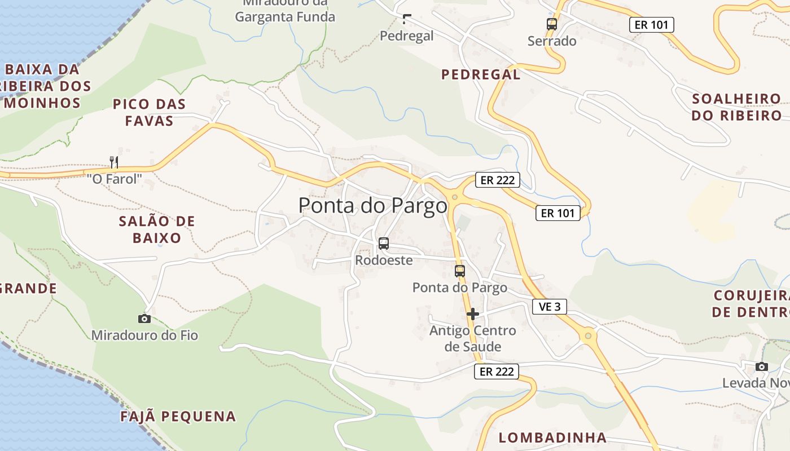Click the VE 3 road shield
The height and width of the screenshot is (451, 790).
pyautogui.click(x=550, y=307)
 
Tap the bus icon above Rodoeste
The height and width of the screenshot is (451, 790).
pyautogui.click(x=384, y=244)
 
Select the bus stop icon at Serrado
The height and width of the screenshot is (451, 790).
pyautogui.click(x=552, y=24)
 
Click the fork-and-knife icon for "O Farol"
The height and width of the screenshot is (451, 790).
pyautogui.click(x=114, y=162)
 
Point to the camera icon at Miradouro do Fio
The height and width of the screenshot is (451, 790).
pyautogui.click(x=144, y=319)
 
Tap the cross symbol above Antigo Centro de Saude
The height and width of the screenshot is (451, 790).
pyautogui.click(x=473, y=314)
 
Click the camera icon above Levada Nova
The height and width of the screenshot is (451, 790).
pyautogui.click(x=762, y=366)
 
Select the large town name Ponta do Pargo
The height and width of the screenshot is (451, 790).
pyautogui.click(x=372, y=205)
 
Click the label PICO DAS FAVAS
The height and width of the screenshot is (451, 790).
pyautogui.click(x=149, y=113)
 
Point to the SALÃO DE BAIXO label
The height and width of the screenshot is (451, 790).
pyautogui.click(x=157, y=229)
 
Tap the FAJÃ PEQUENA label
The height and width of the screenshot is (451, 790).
pyautogui.click(x=178, y=417)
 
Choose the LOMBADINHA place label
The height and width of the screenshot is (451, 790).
pyautogui.click(x=552, y=437)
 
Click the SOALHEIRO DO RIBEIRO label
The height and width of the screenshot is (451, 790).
pyautogui.click(x=736, y=107)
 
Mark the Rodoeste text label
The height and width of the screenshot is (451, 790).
pyautogui.click(x=384, y=260)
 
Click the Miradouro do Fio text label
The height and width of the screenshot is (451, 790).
pyautogui.click(x=144, y=335)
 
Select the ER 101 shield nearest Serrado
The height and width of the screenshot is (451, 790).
pyautogui.click(x=652, y=25)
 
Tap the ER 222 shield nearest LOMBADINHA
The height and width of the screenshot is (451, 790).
pyautogui.click(x=497, y=372)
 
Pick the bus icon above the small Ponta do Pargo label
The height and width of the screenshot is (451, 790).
pyautogui.click(x=460, y=271)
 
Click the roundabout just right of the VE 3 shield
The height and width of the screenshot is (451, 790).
pyautogui.click(x=588, y=336)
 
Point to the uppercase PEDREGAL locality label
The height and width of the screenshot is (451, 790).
pyautogui.click(x=481, y=74)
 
